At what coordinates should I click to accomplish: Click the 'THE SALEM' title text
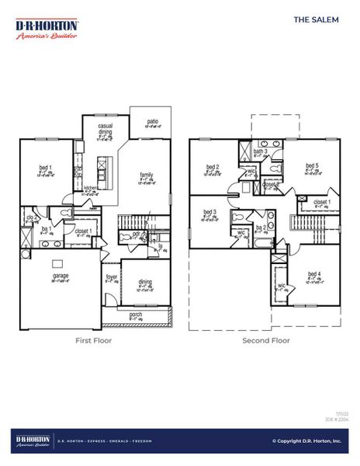[x=316, y=20]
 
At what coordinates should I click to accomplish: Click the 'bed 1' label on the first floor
[x=45, y=168]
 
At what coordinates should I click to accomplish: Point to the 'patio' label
[x=153, y=121]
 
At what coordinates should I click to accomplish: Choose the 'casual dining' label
[x=106, y=129]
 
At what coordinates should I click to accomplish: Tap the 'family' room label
[x=147, y=175]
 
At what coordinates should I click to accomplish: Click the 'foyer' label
[x=112, y=276]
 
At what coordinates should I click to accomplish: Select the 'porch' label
[x=136, y=315]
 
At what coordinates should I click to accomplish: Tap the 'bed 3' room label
[x=209, y=212]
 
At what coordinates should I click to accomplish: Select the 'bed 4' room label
[x=313, y=274]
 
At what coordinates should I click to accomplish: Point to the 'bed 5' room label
[x=311, y=165]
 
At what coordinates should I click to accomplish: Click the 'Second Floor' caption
[x=265, y=340]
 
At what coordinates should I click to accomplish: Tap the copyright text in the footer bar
[x=306, y=441]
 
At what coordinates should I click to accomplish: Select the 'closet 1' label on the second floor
[x=322, y=202]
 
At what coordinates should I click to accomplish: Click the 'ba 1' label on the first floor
[x=46, y=229]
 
